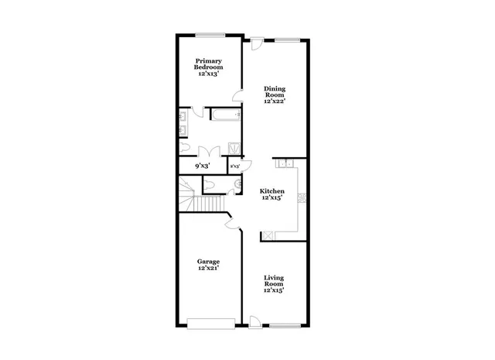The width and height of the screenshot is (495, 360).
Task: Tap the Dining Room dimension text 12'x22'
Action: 275,101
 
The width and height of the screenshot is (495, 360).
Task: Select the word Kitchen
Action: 271,191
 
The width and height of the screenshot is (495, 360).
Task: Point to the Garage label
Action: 208,262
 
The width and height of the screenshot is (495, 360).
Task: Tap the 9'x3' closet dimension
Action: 202,166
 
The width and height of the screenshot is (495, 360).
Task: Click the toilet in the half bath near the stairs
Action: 210,185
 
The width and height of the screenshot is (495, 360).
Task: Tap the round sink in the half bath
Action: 232,185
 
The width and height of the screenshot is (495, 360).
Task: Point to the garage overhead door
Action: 210,322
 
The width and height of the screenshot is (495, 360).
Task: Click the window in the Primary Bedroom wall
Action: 209,35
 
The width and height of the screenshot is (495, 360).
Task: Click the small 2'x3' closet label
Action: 234,166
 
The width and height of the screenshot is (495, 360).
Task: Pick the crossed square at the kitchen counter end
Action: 268,236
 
